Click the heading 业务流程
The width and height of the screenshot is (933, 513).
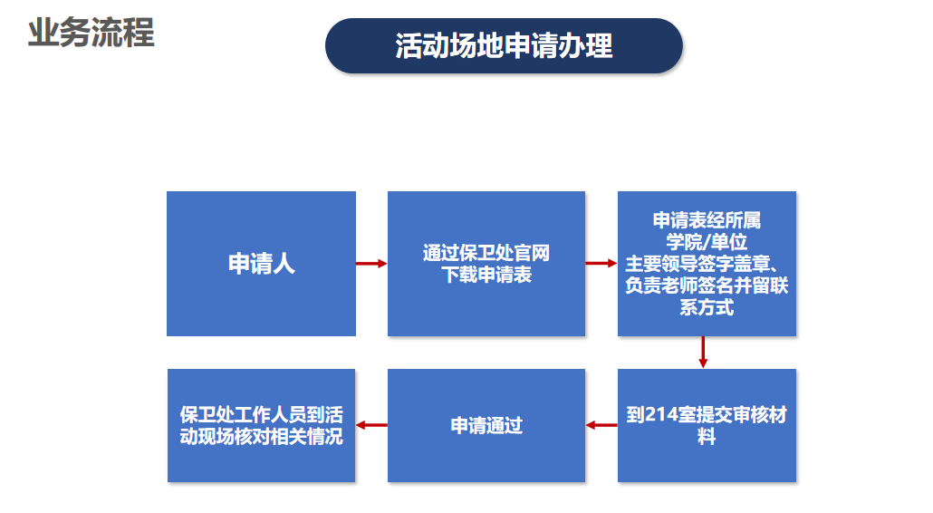[x=91, y=33]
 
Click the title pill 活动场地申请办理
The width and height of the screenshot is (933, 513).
[x=504, y=45]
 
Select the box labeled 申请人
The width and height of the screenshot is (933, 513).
[x=261, y=264]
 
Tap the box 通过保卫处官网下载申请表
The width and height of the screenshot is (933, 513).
[x=486, y=264]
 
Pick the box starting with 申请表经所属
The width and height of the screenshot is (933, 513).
[x=707, y=264]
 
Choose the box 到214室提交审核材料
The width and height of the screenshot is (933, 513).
[x=707, y=425]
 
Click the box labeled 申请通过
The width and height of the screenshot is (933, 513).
[x=486, y=425]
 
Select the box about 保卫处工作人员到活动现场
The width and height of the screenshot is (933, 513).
[x=261, y=425]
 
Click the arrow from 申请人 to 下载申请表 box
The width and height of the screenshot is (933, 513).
[x=371, y=264]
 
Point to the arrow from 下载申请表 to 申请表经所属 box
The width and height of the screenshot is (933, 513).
[x=601, y=264]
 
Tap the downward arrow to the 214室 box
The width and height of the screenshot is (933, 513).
[x=703, y=353]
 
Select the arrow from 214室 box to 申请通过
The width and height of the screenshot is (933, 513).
[x=601, y=424]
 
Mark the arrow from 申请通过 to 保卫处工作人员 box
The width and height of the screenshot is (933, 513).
[x=371, y=424]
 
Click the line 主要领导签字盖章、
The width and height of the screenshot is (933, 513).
[x=707, y=264]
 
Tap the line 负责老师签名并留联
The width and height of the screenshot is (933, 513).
[x=707, y=286]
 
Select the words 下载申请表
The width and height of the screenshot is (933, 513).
[x=486, y=276]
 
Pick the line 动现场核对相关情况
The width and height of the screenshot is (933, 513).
[x=261, y=437]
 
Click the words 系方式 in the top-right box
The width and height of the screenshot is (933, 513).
[x=707, y=307]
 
